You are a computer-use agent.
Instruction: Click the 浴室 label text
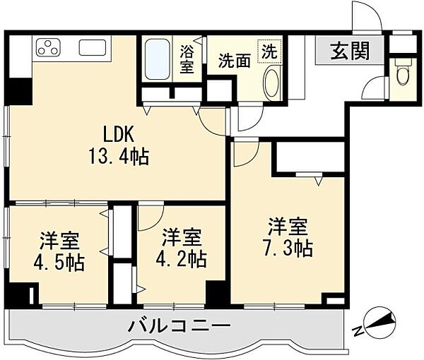click(187, 59)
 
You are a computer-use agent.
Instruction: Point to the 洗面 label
click(234, 61)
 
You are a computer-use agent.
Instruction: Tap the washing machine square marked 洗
click(269, 51)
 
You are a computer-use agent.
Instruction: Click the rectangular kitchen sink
click(93, 49)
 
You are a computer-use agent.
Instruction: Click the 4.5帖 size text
click(59, 263)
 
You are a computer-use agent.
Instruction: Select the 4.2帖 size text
click(182, 258)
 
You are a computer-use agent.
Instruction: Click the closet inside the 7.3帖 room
click(309, 158)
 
